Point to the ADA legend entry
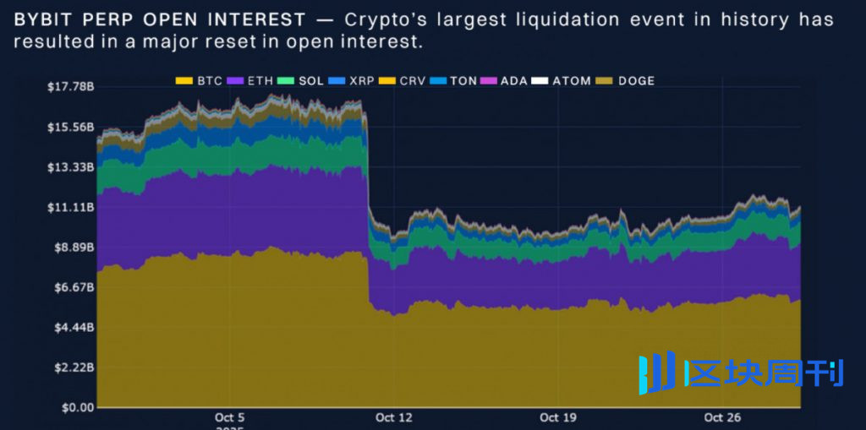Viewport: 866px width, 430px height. [x=504, y=81]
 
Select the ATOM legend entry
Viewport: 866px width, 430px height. [x=562, y=81]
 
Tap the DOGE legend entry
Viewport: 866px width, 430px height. [x=626, y=81]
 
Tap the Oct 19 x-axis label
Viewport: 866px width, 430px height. [x=556, y=417]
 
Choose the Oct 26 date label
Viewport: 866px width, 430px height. [x=721, y=417]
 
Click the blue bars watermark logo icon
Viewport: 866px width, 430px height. [x=656, y=373]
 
